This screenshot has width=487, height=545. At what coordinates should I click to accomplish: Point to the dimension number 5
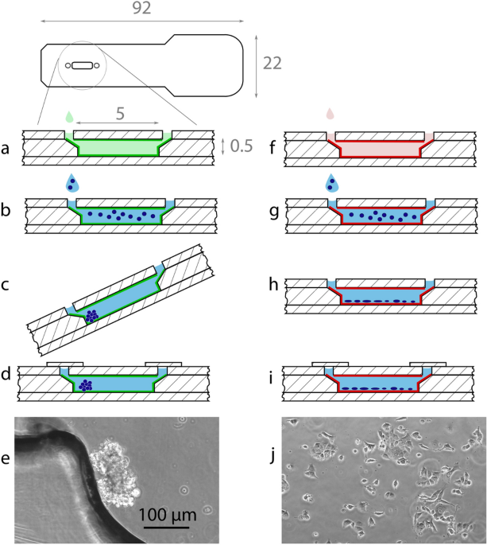click(x=119, y=115)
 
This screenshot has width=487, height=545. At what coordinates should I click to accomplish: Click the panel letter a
click(x=7, y=147)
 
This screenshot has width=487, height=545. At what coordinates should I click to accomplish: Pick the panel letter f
click(x=275, y=146)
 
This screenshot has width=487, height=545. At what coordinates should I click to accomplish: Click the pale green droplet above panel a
click(x=70, y=116)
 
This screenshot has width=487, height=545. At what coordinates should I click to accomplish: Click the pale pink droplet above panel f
click(x=331, y=116)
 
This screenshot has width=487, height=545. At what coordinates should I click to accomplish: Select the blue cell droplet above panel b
click(x=73, y=182)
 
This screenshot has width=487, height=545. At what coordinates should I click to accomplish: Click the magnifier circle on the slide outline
click(x=83, y=66)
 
